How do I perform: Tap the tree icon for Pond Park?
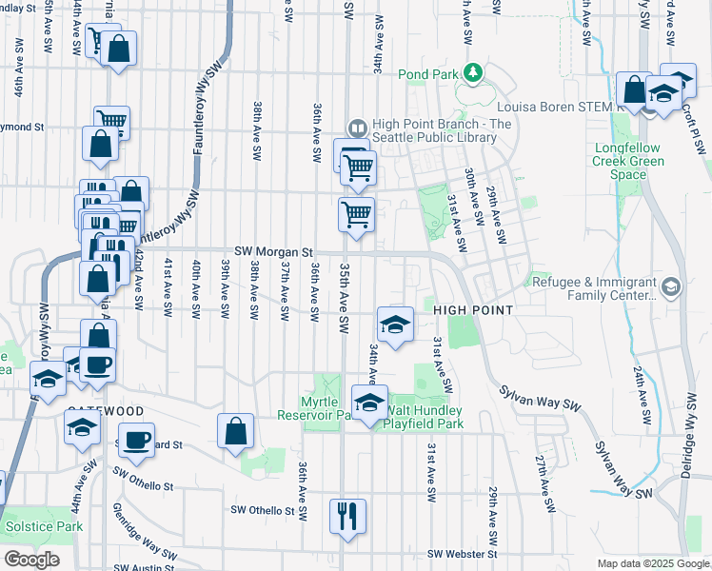coord(471,73)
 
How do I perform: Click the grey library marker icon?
coord(357,127)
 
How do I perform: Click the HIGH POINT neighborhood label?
coord(474,310)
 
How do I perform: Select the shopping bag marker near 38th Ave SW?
coord(235,430)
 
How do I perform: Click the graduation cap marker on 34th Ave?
coord(395,325)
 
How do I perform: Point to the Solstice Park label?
coord(44,526)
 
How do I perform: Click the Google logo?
coord(30,560)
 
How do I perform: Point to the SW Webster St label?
coord(463,554)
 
